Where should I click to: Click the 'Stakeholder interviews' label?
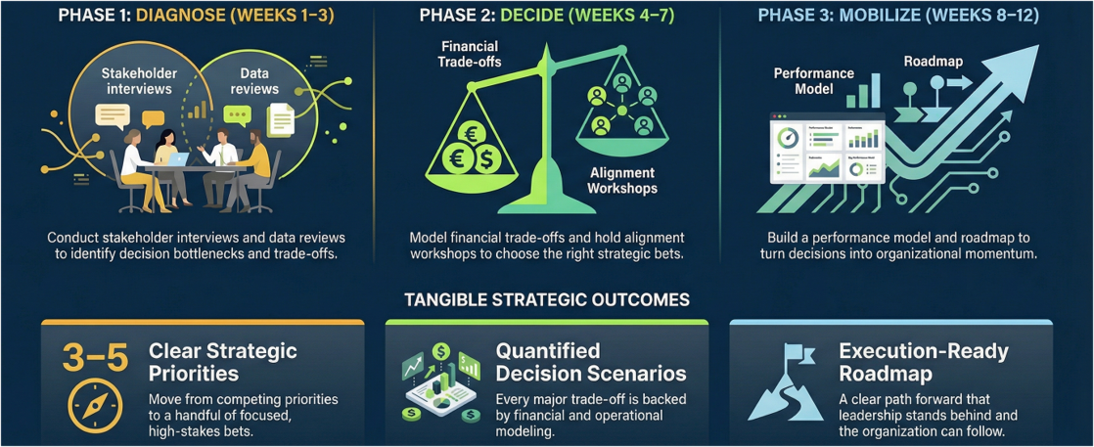(136, 81)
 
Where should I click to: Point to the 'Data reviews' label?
(247, 81)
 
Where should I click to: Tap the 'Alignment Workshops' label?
(622, 181)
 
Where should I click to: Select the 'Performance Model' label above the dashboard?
(813, 81)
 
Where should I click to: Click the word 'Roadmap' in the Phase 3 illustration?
(933, 61)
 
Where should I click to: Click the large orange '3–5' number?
(95, 359)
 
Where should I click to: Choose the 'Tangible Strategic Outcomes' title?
(546, 299)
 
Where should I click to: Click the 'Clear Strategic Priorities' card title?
(222, 361)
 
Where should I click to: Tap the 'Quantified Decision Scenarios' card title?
(590, 361)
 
